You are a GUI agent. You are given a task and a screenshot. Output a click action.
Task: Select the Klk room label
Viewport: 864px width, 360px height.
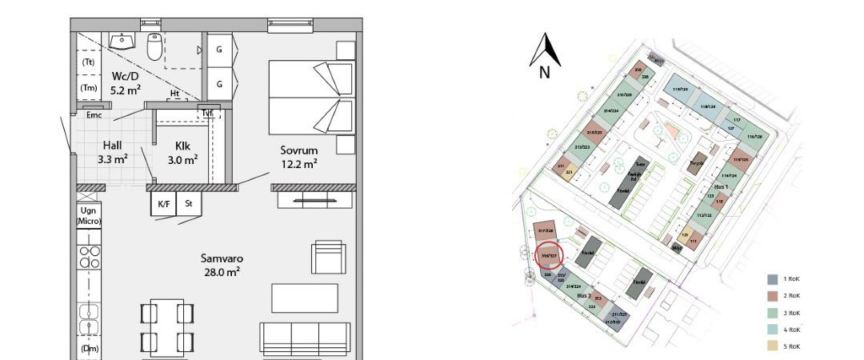182,146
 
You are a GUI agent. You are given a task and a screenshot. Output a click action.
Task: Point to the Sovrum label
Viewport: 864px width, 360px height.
298,150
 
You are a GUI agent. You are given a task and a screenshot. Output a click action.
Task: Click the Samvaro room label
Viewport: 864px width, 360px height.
222,258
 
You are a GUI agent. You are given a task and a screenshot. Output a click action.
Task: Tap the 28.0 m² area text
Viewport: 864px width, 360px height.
222,272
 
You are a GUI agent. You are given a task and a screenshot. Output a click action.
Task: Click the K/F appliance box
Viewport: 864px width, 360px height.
163,205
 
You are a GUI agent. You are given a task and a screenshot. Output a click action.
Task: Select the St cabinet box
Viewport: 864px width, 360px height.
188,205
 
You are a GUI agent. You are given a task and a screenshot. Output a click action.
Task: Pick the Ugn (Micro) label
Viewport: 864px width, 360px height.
88,214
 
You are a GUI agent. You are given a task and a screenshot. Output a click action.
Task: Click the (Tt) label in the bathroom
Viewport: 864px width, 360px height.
89,62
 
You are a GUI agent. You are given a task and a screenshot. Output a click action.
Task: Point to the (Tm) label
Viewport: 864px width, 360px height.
89,88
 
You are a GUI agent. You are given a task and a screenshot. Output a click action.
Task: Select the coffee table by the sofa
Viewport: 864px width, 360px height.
298,298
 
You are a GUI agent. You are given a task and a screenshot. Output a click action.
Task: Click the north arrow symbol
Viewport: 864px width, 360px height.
545,52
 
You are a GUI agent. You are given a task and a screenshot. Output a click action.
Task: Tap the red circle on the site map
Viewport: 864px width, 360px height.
549,256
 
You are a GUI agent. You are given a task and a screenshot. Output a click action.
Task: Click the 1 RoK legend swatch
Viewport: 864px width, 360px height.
772,279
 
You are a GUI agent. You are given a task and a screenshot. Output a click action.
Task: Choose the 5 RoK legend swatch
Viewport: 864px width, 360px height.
772,346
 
